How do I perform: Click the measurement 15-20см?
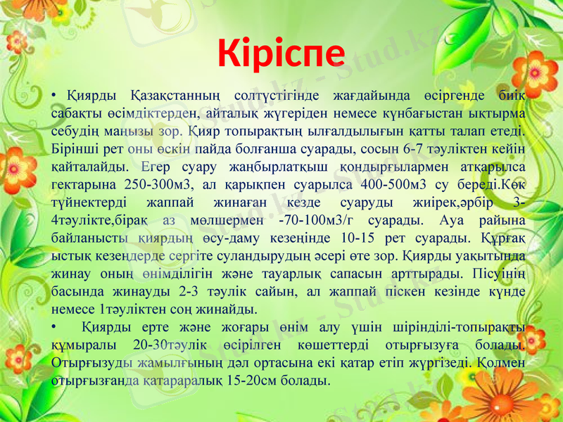[x=239, y=380]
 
